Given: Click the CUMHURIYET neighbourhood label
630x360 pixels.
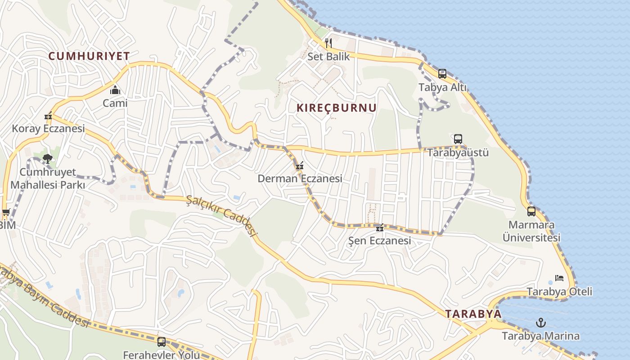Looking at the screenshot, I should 89,56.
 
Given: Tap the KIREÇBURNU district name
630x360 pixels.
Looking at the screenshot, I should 337,108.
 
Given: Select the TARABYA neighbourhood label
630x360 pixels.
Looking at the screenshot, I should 473,314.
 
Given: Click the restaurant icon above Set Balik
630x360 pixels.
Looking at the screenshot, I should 328,43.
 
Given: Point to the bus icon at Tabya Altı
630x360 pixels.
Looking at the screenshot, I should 442,74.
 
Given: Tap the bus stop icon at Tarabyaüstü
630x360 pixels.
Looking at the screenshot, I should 458,139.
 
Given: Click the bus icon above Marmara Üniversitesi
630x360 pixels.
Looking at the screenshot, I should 531,211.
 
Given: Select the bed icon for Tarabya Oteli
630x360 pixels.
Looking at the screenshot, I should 559,278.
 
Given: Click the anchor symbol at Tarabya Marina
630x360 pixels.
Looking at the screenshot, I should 541,322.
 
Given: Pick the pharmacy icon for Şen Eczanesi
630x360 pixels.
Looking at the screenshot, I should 380,228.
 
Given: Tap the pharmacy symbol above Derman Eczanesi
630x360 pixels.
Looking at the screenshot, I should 300,166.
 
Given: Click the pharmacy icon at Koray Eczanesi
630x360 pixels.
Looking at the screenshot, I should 48,116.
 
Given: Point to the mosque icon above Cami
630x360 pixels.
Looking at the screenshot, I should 115,90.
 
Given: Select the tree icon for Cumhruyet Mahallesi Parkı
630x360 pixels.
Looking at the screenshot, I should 48,158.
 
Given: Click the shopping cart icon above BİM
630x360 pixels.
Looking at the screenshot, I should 6,212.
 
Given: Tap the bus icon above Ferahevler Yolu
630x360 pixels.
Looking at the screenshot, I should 161,342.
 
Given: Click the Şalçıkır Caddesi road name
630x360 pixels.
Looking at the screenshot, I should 221,217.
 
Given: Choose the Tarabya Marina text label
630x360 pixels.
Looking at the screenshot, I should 540,336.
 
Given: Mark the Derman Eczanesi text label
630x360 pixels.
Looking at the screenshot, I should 300,179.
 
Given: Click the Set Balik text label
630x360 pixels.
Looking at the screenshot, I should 328,57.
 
